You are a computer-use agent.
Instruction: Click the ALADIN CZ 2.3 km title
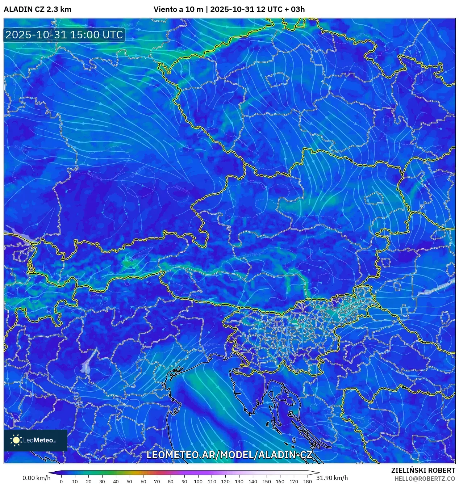[38, 9]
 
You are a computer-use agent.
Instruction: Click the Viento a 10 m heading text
[178, 9]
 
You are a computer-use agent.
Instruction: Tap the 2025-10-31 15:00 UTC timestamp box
[64, 35]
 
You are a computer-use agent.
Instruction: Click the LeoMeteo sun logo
[16, 440]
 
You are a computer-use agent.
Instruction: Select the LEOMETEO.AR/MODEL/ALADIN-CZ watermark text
[229, 455]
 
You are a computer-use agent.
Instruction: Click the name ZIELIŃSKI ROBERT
[423, 470]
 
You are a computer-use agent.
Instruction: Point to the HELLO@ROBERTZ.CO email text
[425, 479]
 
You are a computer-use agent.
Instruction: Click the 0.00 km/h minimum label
[36, 478]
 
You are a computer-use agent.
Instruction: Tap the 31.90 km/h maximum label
[332, 478]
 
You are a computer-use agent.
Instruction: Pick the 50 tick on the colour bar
[129, 481]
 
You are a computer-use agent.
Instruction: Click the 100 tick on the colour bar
[198, 481]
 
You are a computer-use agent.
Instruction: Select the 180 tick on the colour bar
[307, 481]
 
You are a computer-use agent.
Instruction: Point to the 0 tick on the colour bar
[61, 481]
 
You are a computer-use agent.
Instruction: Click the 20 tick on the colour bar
[88, 481]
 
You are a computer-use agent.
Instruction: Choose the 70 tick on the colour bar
[157, 481]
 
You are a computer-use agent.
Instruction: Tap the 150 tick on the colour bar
[266, 481]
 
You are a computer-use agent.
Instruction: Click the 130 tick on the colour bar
[239, 481]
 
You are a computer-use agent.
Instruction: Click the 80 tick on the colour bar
[171, 481]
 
